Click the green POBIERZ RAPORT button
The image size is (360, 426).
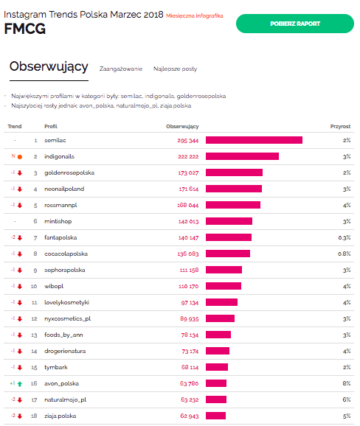tap(294, 24)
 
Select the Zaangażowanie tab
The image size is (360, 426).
tap(120, 69)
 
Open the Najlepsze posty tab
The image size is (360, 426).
tap(175, 69)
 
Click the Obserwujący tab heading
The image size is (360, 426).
tap(49, 67)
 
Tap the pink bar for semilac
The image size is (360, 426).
tap(254, 140)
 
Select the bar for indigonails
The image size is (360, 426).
tap(242, 156)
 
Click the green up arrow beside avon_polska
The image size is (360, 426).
tap(19, 384)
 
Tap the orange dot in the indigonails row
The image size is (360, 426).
tap(19, 157)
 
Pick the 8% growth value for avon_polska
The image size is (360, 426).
tap(346, 383)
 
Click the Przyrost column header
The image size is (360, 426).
tap(340, 126)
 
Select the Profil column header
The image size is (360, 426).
tap(51, 126)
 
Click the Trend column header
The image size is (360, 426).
tap(14, 126)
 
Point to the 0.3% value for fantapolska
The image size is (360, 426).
tap(344, 237)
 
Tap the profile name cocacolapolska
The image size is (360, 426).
tap(65, 254)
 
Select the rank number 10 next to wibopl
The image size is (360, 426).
tap(34, 286)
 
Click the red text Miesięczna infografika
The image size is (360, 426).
tap(194, 15)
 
